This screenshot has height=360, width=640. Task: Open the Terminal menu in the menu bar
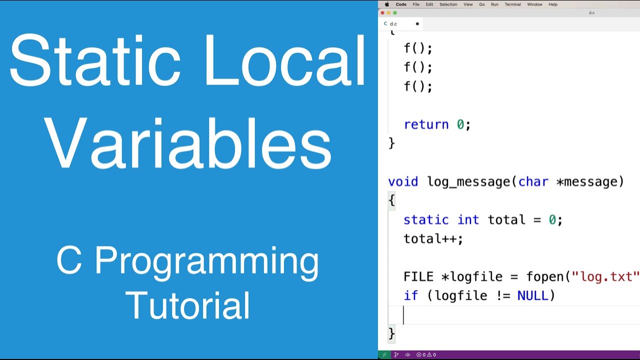coord(512,4)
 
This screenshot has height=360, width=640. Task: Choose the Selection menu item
coord(448,4)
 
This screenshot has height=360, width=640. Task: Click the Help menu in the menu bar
coord(553,4)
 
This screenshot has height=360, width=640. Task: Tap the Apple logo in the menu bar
coord(386,4)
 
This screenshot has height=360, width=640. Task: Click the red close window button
coord(382,13)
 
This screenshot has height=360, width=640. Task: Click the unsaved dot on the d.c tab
coord(417,23)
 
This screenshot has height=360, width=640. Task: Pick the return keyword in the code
coord(426,124)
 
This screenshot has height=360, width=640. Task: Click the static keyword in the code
coord(426,220)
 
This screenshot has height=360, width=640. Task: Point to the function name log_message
coord(468,181)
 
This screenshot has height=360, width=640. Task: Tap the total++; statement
coord(433,239)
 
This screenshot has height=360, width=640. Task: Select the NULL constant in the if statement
coord(533,296)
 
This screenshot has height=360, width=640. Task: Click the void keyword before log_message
coord(403,181)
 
